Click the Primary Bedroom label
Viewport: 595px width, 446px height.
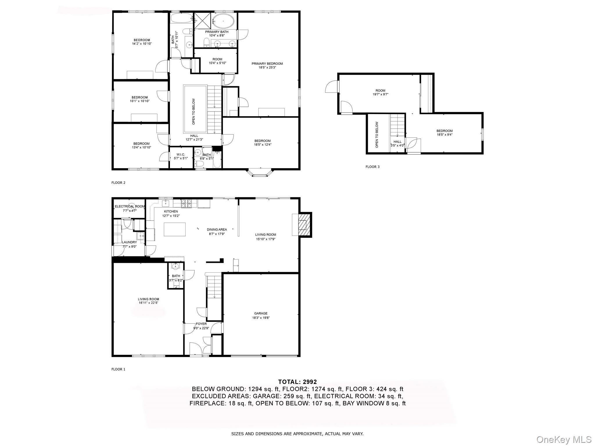267,64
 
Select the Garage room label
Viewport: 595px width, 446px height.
261,313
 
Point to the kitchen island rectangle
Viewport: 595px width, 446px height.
175,229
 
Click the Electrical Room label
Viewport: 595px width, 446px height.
129,206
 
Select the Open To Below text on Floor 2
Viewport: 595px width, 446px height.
194,111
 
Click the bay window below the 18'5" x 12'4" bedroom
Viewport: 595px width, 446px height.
260,173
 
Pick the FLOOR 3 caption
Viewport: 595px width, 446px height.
372,167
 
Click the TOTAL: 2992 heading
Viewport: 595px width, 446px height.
297,382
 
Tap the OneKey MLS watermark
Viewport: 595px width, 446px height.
564,440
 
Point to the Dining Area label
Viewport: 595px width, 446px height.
217,230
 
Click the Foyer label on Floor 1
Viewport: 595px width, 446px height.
201,324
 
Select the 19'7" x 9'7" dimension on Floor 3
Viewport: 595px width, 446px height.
380,94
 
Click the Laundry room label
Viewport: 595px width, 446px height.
129,242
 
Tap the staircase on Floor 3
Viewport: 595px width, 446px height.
397,125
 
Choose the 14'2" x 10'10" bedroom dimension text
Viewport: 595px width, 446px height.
142,44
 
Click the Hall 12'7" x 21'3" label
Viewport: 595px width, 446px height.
194,136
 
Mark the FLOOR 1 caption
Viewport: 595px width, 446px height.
118,369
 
